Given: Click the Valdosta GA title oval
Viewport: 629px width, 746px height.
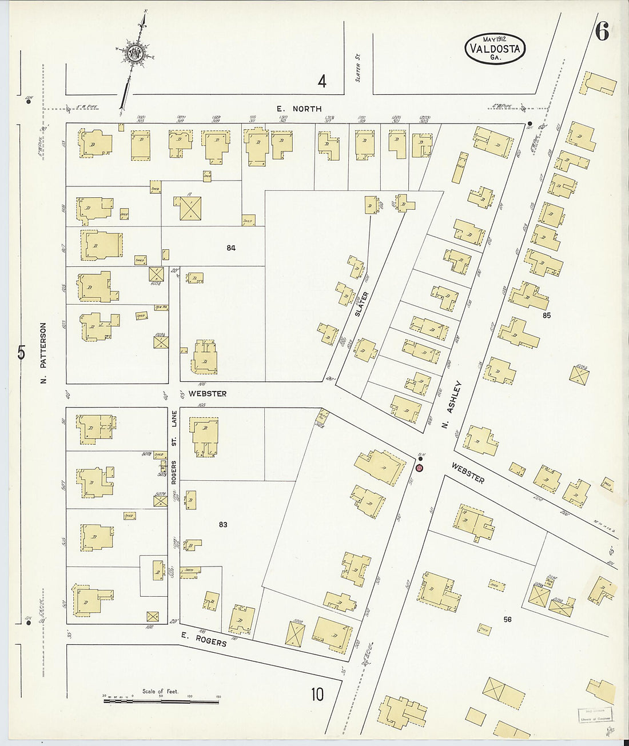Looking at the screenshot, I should (x=495, y=48).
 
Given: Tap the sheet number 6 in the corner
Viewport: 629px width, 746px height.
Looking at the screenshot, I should (x=601, y=32).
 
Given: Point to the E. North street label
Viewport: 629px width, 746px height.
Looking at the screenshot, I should (x=299, y=109).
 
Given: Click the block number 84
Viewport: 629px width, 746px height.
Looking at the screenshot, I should (x=231, y=248).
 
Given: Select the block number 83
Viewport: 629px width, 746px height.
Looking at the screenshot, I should (x=223, y=524).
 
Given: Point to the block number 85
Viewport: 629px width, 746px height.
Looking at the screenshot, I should (x=547, y=315).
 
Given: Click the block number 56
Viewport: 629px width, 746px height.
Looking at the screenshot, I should (x=507, y=619).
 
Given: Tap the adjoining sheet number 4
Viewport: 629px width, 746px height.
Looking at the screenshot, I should (x=322, y=82).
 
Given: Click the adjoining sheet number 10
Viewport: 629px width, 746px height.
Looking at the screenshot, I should (x=317, y=694).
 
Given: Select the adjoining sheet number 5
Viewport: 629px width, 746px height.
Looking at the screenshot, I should (x=21, y=353).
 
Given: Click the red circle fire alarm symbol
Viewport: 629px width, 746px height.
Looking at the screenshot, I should (x=419, y=468).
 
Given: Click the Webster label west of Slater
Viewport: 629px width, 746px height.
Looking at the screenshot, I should (x=208, y=394).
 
